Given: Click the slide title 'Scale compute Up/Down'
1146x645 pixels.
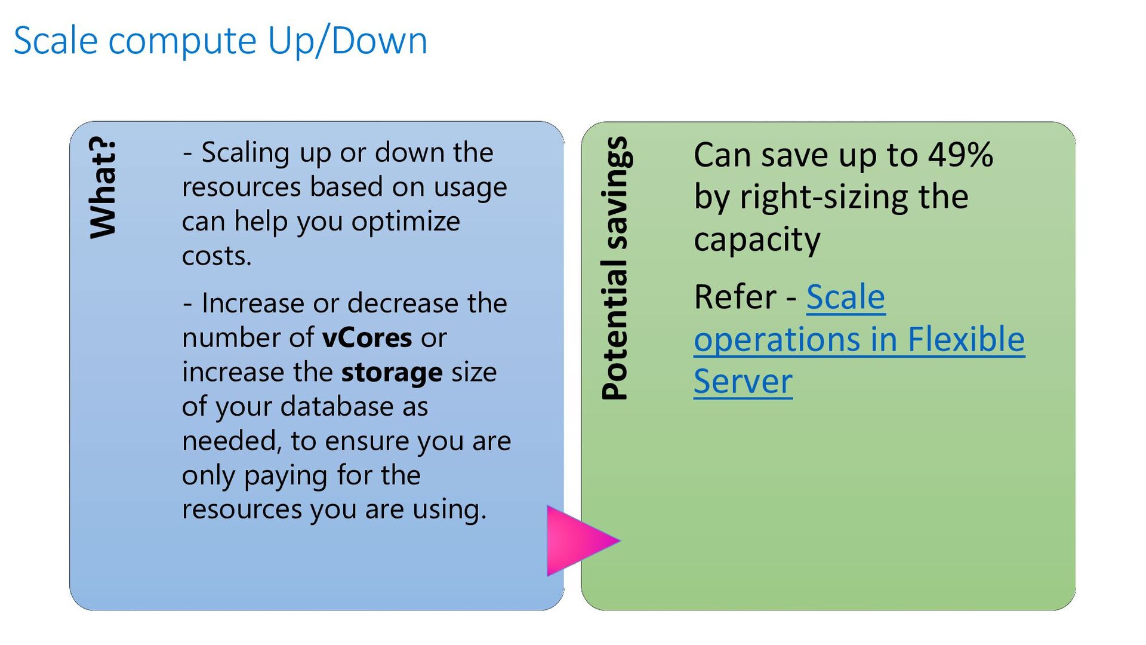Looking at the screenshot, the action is coord(220,42).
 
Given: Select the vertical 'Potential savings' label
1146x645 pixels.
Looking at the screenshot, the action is coord(615,268).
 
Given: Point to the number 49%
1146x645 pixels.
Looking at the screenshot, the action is coord(961,155).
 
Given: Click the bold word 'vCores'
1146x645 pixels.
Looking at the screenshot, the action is coord(367,338).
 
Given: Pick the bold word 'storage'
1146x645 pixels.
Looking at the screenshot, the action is coord(392,373).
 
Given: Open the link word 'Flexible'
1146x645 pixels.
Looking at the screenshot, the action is coord(966,339).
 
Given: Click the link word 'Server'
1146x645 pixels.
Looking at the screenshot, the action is coord(743,382).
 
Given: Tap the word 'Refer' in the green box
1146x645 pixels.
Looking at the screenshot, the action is coord(735,297).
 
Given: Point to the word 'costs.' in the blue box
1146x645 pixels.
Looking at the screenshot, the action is coord(217,256).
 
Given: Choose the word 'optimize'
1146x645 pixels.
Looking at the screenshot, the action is coord(405,222).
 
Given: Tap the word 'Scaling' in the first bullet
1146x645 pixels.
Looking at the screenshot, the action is coord(245,153).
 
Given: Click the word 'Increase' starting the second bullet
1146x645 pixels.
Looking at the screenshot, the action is coord(253,303).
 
